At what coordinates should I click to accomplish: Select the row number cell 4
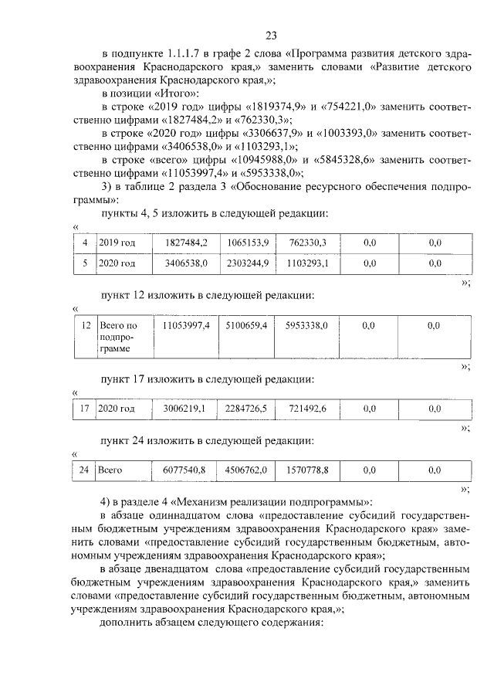pyautogui.click(x=85, y=243)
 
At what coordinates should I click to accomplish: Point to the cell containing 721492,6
pyautogui.click(x=306, y=408)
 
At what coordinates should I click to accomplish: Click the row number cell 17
pyautogui.click(x=85, y=408)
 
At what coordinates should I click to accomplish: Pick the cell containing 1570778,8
pyautogui.click(x=306, y=469)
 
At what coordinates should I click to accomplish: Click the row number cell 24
pyautogui.click(x=85, y=469)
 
